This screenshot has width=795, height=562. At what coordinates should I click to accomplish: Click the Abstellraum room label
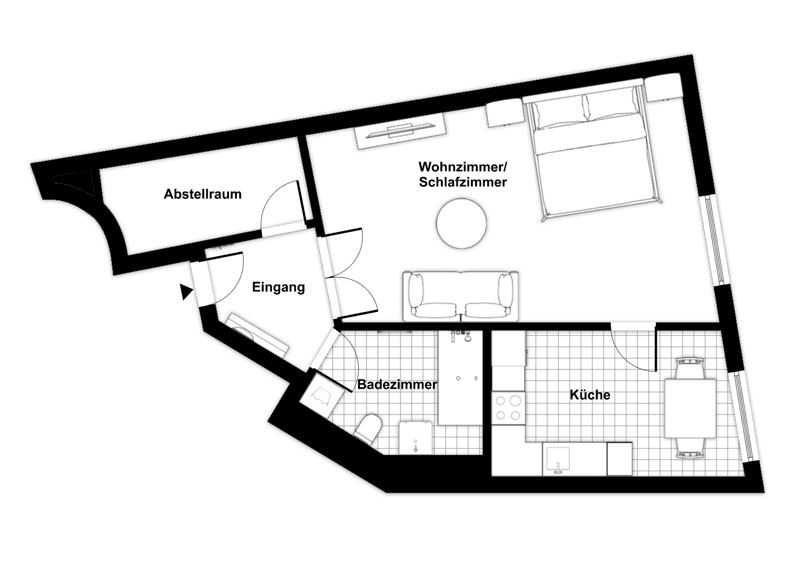click(x=202, y=194)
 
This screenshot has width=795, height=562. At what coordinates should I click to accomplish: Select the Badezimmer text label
click(x=397, y=384)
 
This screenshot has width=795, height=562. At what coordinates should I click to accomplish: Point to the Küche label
click(x=590, y=395)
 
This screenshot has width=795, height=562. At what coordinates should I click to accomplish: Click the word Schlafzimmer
click(x=463, y=182)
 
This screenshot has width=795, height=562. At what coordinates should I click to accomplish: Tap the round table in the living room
click(x=461, y=223)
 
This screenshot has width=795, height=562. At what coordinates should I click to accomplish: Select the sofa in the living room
click(x=460, y=296)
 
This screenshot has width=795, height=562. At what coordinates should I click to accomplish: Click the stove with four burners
click(x=508, y=408)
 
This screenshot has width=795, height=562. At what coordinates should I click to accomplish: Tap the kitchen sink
click(x=558, y=460)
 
